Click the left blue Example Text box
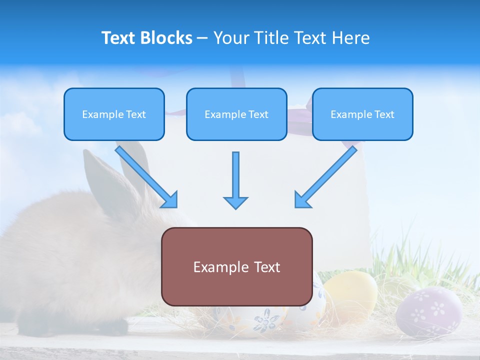coord(114,114)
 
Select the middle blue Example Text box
coord(236,114)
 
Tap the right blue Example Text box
coord(362,114)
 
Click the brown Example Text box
coord(236,266)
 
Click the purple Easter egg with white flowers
coord(428,311)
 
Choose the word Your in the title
coord(230,38)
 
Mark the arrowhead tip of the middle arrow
coord(235,207)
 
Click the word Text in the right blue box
coord(383,114)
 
